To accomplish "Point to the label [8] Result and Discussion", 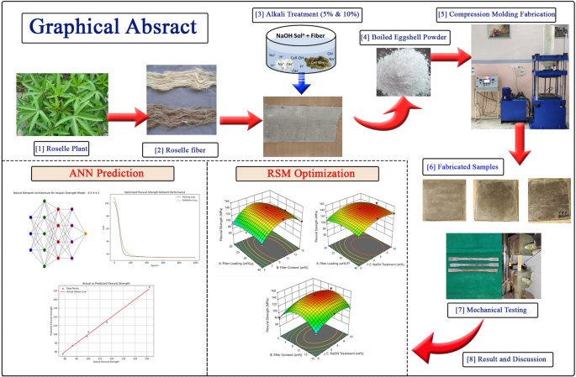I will coord(508,359).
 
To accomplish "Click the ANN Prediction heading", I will coord(103,175).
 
